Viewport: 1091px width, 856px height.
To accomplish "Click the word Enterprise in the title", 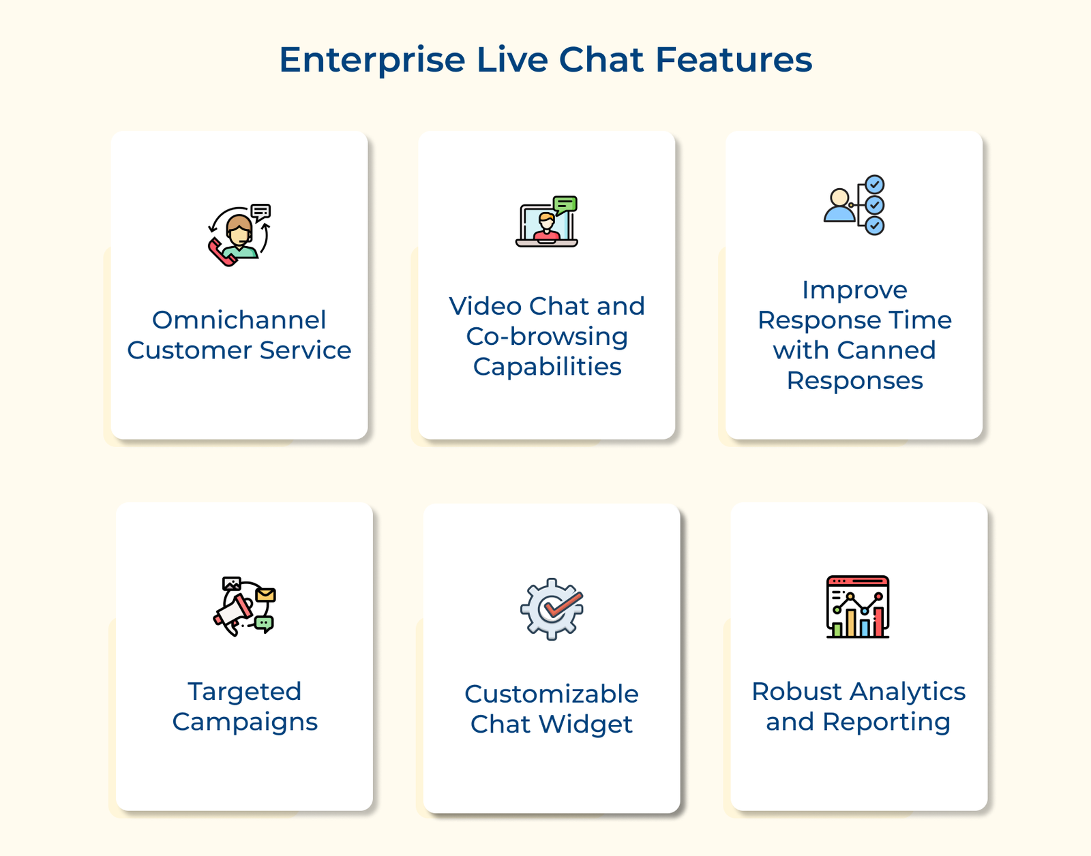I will (372, 60).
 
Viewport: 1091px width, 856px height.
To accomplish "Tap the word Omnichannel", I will (239, 320).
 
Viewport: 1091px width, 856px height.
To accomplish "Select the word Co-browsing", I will (547, 336).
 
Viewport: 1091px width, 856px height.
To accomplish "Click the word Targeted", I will (244, 691).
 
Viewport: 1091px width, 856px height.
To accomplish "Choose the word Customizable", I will (551, 694).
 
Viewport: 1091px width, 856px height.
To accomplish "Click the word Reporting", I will (886, 722).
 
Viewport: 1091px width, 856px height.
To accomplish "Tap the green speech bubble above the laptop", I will (565, 204).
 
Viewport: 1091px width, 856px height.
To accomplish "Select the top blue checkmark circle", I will (875, 185).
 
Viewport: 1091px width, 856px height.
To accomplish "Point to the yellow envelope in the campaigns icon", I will (265, 595).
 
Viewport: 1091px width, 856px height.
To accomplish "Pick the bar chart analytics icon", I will (858, 607).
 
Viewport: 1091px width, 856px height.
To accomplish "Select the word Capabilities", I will (547, 367).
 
